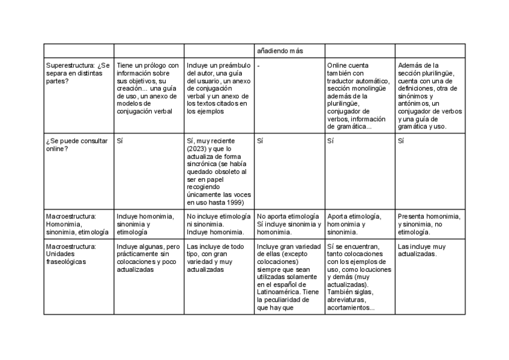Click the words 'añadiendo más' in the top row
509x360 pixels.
point(280,50)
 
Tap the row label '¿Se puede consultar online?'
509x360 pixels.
point(77,145)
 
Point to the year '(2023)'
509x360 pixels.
point(197,149)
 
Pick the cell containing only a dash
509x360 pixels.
point(258,65)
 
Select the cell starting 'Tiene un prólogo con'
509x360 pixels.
point(148,88)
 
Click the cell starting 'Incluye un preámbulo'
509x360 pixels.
point(218,88)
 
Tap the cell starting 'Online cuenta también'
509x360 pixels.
point(359,96)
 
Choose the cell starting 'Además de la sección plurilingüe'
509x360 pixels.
point(429,96)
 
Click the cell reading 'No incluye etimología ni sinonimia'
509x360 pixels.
point(218,224)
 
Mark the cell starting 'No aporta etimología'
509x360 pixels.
point(289,224)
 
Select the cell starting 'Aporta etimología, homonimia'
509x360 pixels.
point(359,224)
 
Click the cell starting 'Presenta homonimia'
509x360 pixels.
point(429,224)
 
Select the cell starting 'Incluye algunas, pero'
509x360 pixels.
point(148,257)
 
